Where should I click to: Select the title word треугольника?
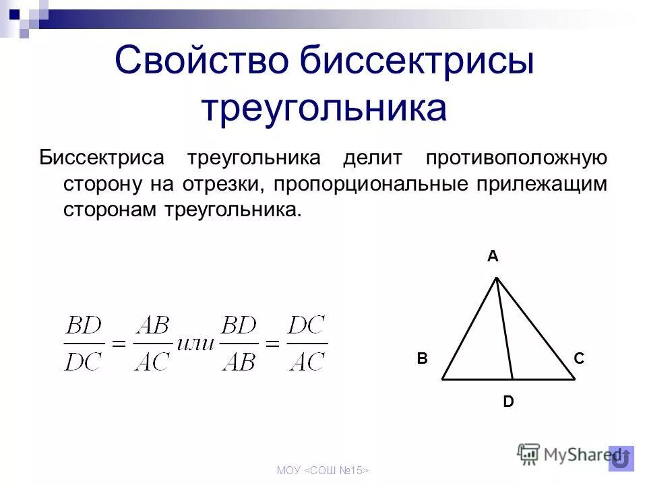click(323, 108)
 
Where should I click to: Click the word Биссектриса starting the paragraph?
click(102, 158)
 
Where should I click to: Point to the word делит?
click(372, 158)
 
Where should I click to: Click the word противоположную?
click(516, 158)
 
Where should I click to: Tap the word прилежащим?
click(550, 184)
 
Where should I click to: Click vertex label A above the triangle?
click(493, 256)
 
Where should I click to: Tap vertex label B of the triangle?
click(422, 359)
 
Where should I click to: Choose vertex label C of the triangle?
click(579, 359)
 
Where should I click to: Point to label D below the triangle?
click(508, 402)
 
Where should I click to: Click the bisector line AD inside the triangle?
click(505, 330)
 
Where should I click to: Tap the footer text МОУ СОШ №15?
click(323, 470)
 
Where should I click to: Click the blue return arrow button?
click(621, 458)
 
